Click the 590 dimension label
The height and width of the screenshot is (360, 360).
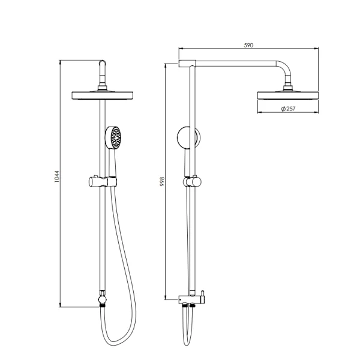click(248, 45)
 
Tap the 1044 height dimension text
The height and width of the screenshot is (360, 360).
click(57, 176)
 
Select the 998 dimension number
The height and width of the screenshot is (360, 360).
click(162, 181)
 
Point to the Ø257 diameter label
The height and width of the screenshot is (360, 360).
click(288, 109)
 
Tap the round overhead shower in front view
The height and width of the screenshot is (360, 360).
click(103, 95)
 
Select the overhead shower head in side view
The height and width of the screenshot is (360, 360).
click(288, 95)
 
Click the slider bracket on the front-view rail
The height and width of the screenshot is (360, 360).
click(103, 182)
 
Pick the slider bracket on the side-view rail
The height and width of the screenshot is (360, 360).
click(193, 182)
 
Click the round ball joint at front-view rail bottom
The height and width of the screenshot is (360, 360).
click(103, 299)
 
